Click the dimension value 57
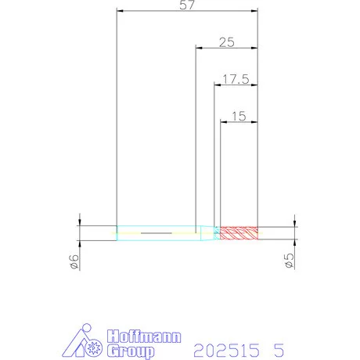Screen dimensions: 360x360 pos(187,5)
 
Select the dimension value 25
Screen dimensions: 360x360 pos(227,42)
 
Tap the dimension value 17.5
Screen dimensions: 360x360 pos(236,79)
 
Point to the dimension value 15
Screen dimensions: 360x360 pos(239,117)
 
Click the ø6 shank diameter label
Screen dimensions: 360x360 pos(74,261)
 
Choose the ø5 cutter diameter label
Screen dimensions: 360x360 pos(289,260)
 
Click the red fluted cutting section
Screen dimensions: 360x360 pos(239,233)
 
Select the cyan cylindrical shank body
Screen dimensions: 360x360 pos(159,233)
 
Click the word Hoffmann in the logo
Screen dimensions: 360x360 pos(144,337)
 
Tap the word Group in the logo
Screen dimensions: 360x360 pos(131,351)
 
